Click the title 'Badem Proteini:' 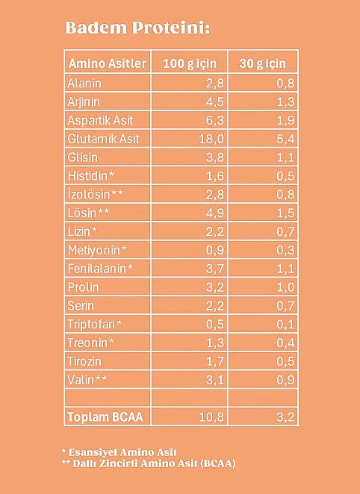click(137, 28)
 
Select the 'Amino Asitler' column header click(108, 63)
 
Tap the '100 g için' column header click(190, 63)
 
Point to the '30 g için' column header click(263, 63)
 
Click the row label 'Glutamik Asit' click(103, 139)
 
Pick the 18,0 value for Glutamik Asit click(211, 139)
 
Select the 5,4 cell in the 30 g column click(285, 139)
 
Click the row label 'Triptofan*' click(95, 324)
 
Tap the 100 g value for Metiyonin click(215, 250)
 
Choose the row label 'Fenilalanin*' click(100, 269)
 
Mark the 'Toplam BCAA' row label click(105, 417)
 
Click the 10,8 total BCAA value click(211, 417)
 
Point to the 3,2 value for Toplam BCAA click(285, 417)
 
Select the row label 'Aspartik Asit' click(100, 120)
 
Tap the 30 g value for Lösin click(285, 213)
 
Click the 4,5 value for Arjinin click(215, 101)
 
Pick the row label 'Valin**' click(87, 380)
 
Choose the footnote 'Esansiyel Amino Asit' click(122, 452)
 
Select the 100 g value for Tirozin click(215, 361)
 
